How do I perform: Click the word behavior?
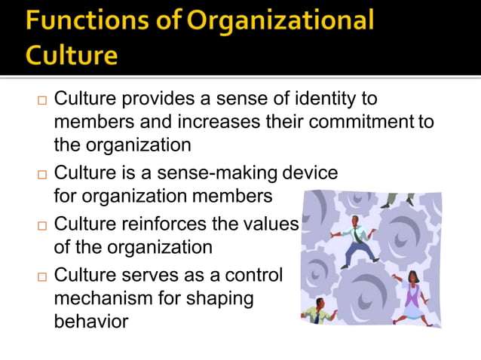pos(90,321)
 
